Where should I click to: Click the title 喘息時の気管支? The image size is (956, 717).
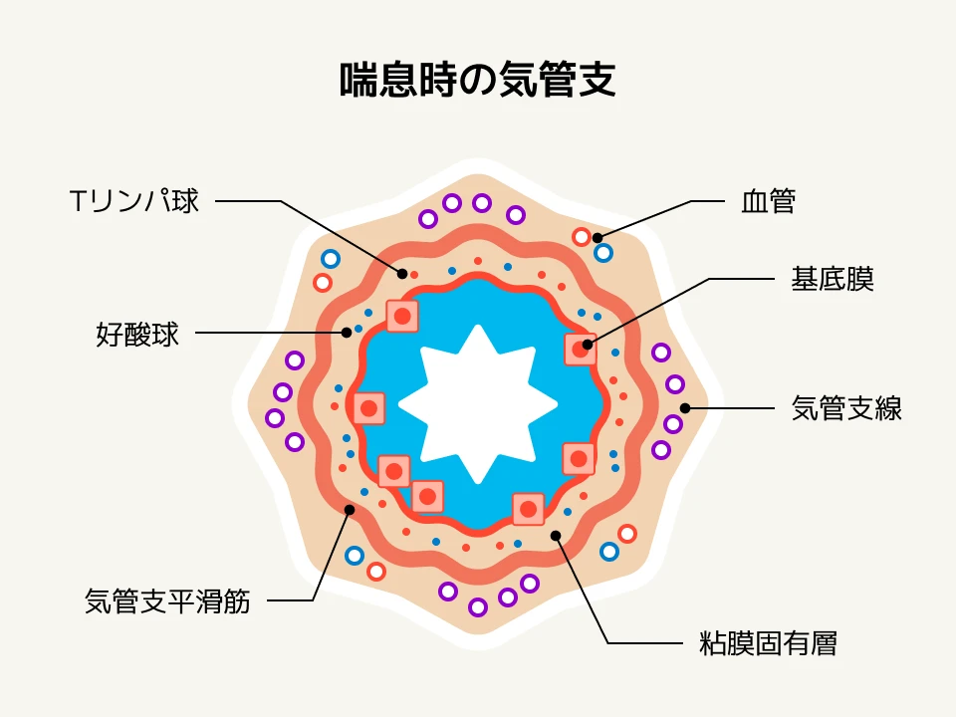click(478, 81)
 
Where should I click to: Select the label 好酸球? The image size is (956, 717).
click(137, 335)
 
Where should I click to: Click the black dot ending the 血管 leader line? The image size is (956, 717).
click(597, 238)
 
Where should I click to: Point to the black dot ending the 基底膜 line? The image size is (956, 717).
click(588, 345)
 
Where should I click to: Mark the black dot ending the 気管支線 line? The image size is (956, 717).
click(685, 408)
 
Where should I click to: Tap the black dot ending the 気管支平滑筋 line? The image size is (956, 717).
click(349, 510)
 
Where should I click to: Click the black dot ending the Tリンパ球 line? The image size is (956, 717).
click(402, 273)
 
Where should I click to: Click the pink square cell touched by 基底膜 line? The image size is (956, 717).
click(580, 350)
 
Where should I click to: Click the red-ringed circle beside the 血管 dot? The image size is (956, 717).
click(582, 237)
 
